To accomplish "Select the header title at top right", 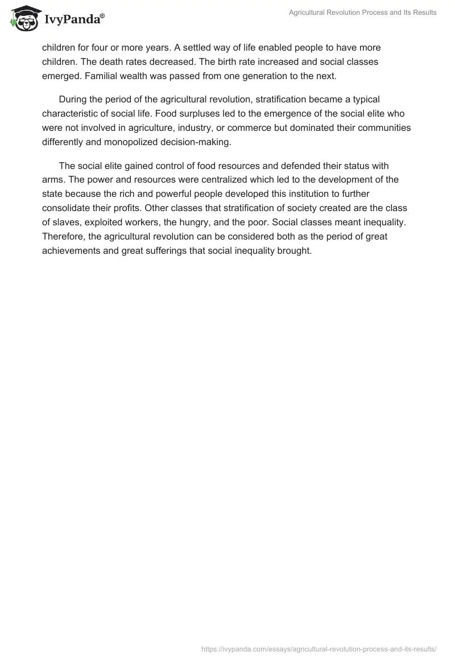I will click(362, 13).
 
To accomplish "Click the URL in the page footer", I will click(319, 648).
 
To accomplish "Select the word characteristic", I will click(71, 114).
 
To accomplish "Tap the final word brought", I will click(294, 252).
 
